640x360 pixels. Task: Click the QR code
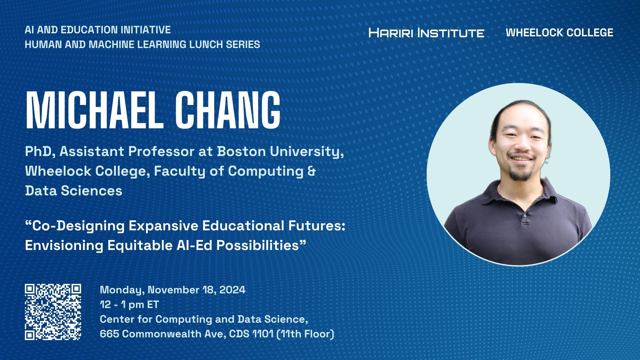point(53,312)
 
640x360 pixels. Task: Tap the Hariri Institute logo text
point(426,33)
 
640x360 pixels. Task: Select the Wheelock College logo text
point(559,32)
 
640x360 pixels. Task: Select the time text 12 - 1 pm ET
point(129,304)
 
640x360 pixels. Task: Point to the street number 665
point(109,334)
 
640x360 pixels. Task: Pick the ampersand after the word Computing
point(311,171)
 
